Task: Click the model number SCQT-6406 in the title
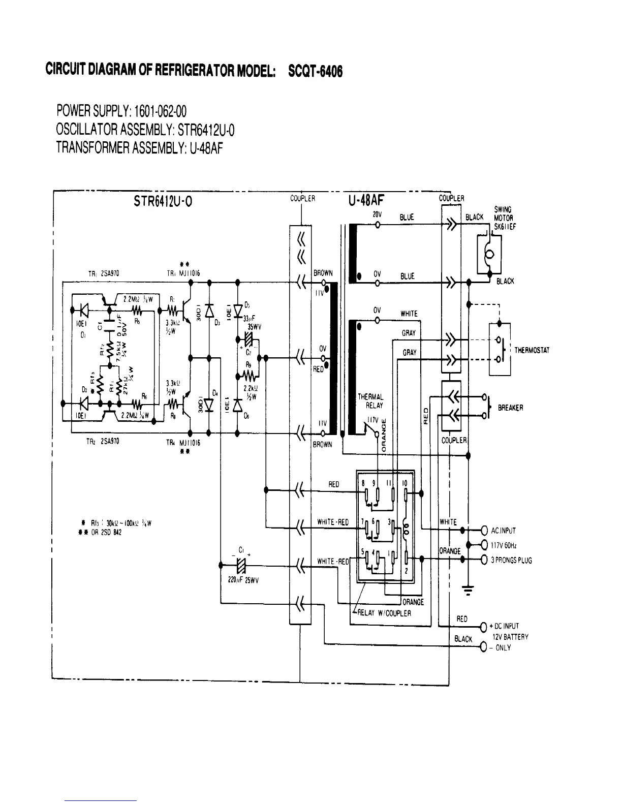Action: coord(315,71)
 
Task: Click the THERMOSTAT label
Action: coord(532,351)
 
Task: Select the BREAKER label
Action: coord(511,408)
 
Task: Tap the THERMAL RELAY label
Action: coord(371,401)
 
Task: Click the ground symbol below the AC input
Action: coord(468,590)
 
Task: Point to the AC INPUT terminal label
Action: coord(503,531)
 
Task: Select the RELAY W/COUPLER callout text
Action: coord(384,613)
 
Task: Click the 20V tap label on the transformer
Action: coord(377,215)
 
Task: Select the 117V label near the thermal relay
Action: coord(374,420)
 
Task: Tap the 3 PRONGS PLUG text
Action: coord(511,561)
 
